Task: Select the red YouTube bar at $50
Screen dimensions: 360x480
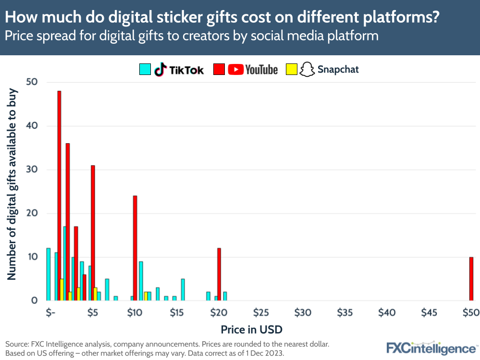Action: (471, 279)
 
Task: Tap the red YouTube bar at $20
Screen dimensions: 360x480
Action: (219, 274)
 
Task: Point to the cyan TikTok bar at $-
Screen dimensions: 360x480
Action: (49, 274)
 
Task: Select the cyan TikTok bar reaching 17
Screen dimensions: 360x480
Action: (64, 263)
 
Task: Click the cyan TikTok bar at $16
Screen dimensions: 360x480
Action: (183, 289)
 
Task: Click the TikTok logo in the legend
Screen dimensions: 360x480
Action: (179, 70)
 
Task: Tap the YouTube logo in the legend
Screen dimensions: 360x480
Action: (253, 70)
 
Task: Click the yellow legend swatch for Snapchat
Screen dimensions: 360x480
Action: (291, 70)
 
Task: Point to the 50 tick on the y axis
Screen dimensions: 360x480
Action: (32, 82)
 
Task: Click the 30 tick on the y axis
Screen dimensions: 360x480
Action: (32, 170)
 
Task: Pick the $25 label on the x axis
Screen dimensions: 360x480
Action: (261, 313)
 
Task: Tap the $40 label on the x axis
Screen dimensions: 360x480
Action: (387, 313)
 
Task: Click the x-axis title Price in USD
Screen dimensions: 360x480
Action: (251, 330)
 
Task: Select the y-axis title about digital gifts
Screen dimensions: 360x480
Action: (12, 185)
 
